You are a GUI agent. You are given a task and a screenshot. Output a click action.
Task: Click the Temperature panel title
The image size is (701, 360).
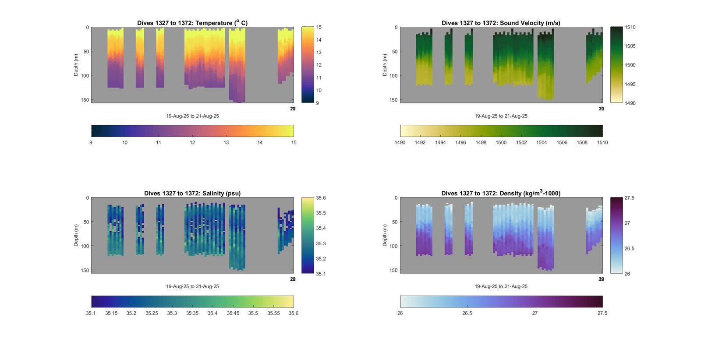point(192,23)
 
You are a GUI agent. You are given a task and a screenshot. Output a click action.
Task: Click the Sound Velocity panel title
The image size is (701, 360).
point(501,23)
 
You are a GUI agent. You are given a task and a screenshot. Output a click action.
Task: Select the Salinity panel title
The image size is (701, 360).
point(192,193)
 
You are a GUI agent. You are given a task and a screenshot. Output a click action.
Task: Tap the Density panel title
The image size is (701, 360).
point(501,193)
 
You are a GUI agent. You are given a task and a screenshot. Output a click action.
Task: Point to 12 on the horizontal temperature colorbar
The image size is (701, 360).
point(192,142)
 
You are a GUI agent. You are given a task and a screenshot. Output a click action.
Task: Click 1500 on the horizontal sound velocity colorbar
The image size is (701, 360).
point(501,142)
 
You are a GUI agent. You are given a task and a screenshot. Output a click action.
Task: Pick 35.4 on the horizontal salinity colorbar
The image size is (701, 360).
point(212,313)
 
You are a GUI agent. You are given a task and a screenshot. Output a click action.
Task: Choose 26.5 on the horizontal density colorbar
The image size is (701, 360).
point(467,313)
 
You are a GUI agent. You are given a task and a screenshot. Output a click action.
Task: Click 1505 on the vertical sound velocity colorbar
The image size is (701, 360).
point(630,46)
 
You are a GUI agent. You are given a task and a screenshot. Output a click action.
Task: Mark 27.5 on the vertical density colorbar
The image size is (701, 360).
point(630,198)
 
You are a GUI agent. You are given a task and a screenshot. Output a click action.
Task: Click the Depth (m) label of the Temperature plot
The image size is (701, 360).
point(76,65)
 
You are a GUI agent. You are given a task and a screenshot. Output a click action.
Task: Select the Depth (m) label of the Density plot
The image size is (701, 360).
point(385,235)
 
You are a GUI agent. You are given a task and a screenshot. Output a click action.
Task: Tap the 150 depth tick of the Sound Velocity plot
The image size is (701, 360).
point(393,100)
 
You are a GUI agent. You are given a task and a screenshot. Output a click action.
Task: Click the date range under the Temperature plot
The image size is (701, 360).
point(192,116)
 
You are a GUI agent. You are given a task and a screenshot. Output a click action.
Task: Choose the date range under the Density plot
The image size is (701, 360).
point(501,286)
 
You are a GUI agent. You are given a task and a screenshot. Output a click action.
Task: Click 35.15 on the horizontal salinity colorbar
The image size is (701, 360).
point(111,313)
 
